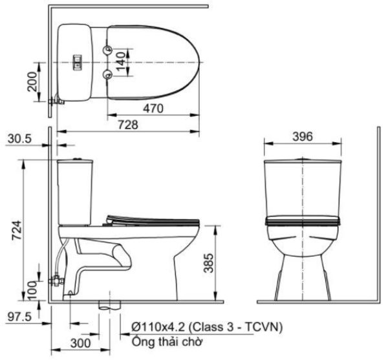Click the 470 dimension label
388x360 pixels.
(153, 107)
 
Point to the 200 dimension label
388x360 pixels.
(32, 82)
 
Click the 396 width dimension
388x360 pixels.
(302, 136)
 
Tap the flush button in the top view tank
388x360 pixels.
(78, 62)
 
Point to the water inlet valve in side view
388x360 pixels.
(58, 280)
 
